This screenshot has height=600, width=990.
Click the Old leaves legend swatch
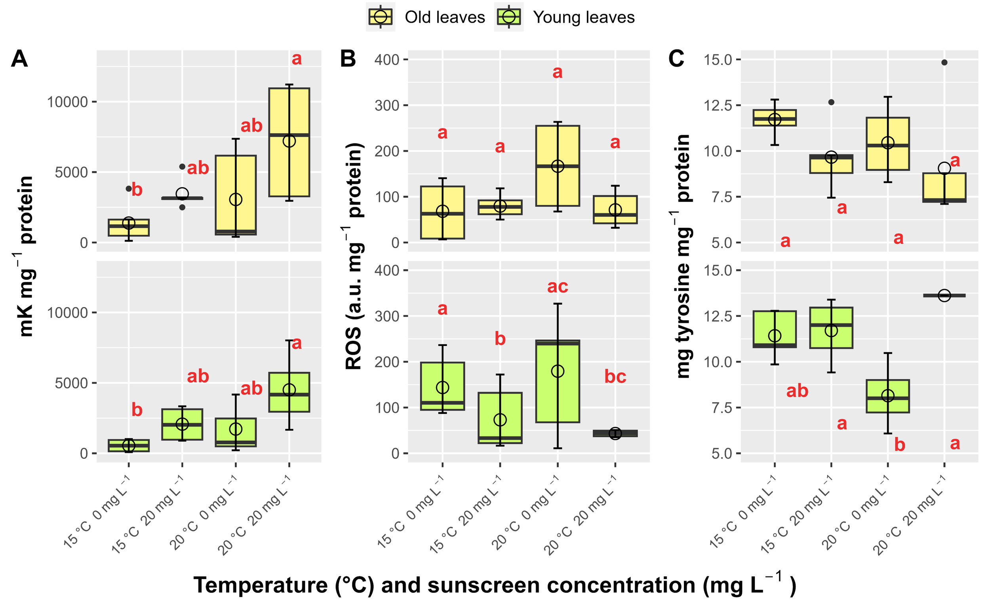point(380,17)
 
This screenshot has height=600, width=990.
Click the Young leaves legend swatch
point(508,17)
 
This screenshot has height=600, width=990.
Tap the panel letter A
point(19,59)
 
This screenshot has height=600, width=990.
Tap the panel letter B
point(348,59)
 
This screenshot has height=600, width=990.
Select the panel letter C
point(676,59)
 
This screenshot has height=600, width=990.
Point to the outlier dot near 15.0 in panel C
point(944,62)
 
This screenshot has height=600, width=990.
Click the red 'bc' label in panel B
point(615,376)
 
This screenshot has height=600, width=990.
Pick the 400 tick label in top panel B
point(387,60)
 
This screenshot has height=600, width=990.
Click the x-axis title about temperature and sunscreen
point(494,585)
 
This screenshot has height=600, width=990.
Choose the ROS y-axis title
point(354,256)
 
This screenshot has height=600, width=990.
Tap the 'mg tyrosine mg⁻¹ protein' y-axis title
point(683,256)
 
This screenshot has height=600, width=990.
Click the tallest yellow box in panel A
point(289,142)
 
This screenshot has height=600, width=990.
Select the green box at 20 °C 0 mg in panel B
point(557,381)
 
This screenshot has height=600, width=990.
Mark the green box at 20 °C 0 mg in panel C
point(887,396)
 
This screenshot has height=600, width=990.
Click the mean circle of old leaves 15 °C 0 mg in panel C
point(774,119)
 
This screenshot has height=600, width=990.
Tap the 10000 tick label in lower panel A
point(67,313)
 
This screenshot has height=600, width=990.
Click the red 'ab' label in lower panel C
point(797,391)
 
